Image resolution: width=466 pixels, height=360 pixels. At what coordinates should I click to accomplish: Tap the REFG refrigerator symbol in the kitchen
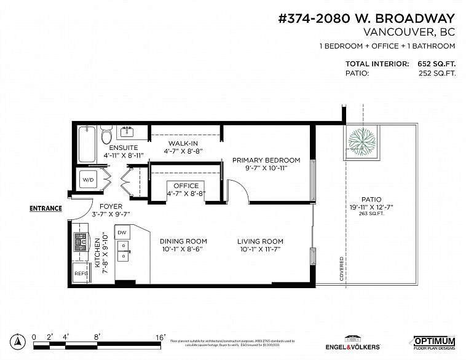tap(81, 273)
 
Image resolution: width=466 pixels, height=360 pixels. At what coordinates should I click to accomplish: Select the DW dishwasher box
tap(122, 233)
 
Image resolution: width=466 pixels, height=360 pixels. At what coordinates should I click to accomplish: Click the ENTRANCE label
tap(46, 208)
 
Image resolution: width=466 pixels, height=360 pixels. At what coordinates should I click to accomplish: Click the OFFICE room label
tap(186, 186)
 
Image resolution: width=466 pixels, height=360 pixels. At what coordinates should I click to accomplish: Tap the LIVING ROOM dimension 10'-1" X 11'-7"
tap(260, 249)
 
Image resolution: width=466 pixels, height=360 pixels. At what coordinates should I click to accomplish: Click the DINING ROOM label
tap(183, 241)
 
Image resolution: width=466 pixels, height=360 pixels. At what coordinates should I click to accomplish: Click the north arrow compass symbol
tap(19, 339)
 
